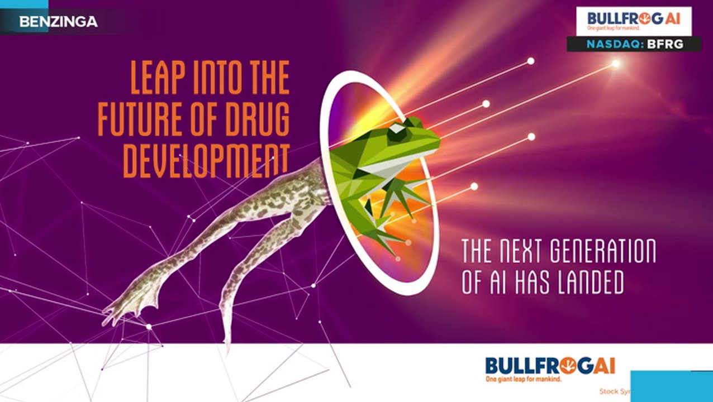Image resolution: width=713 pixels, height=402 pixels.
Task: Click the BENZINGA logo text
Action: [58, 22]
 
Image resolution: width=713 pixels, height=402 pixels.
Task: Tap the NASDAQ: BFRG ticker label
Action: [634, 44]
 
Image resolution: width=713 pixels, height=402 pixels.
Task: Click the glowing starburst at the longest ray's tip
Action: [616, 64]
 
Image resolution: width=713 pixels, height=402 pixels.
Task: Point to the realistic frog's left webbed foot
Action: [126, 304]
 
